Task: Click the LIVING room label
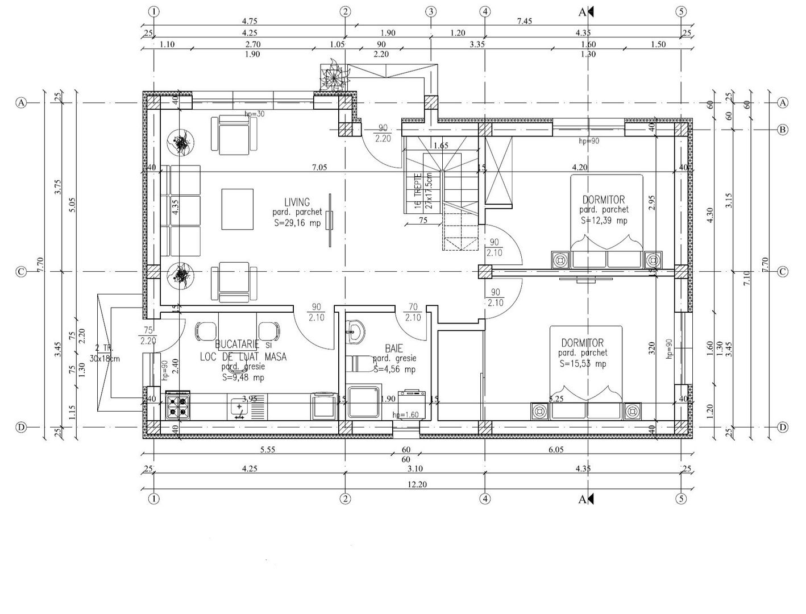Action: click(x=297, y=202)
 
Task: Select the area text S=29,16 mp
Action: click(x=297, y=223)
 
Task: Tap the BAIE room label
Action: click(x=394, y=348)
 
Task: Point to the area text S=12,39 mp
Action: click(x=604, y=221)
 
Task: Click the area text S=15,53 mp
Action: click(x=583, y=363)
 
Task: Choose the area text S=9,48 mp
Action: click(x=243, y=377)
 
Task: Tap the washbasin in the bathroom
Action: click(x=356, y=331)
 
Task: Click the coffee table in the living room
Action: click(x=238, y=209)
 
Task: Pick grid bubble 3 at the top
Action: click(x=431, y=11)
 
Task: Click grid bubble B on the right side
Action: click(x=783, y=130)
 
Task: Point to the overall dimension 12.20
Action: click(x=418, y=484)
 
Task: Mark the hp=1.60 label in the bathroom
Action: click(x=405, y=414)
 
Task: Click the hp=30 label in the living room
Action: click(x=255, y=114)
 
